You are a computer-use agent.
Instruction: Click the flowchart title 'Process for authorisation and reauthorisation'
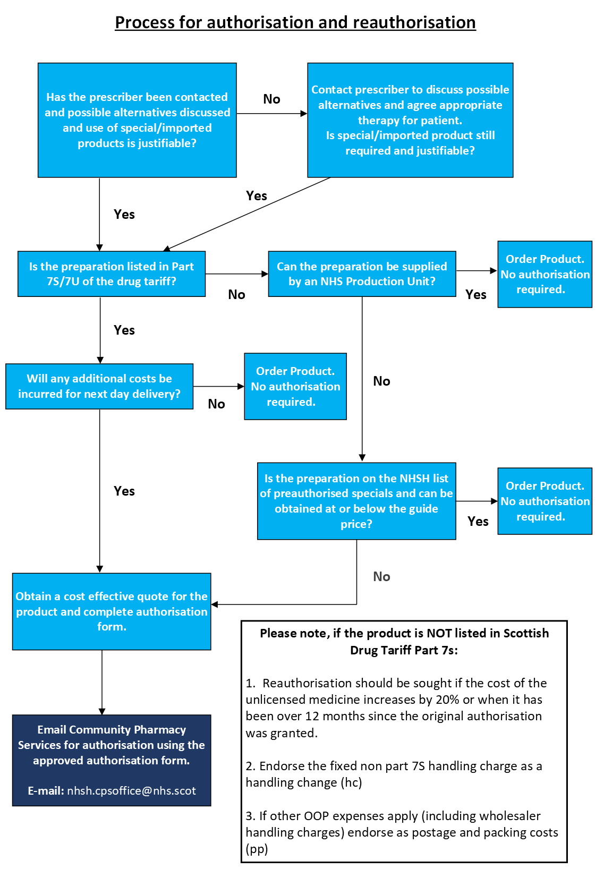pyautogui.click(x=295, y=22)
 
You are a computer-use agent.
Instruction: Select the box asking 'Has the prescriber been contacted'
pyautogui.click(x=137, y=120)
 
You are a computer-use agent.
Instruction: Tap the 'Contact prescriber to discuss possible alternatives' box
pyautogui.click(x=410, y=120)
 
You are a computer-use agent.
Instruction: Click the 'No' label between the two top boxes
pyautogui.click(x=271, y=99)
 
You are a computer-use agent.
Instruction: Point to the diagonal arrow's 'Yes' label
pyautogui.click(x=257, y=196)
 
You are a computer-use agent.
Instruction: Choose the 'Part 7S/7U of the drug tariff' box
pyautogui.click(x=112, y=274)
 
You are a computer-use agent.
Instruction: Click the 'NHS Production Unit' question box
pyautogui.click(x=362, y=274)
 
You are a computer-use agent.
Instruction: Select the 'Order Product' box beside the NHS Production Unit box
pyautogui.click(x=545, y=274)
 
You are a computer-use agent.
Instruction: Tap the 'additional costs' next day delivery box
pyautogui.click(x=99, y=386)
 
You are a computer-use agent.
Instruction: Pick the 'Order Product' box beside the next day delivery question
pyautogui.click(x=295, y=386)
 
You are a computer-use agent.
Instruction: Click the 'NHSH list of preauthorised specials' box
pyautogui.click(x=356, y=501)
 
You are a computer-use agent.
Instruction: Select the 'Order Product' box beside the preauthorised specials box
pyautogui.click(x=545, y=501)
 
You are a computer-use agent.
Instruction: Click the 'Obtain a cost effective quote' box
pyautogui.click(x=112, y=611)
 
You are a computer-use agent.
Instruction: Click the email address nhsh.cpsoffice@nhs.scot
pyautogui.click(x=131, y=790)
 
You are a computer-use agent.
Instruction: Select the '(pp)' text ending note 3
pyautogui.click(x=257, y=849)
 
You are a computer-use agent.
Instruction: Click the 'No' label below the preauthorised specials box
pyautogui.click(x=381, y=577)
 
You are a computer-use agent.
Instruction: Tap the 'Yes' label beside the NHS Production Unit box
pyautogui.click(x=476, y=295)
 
